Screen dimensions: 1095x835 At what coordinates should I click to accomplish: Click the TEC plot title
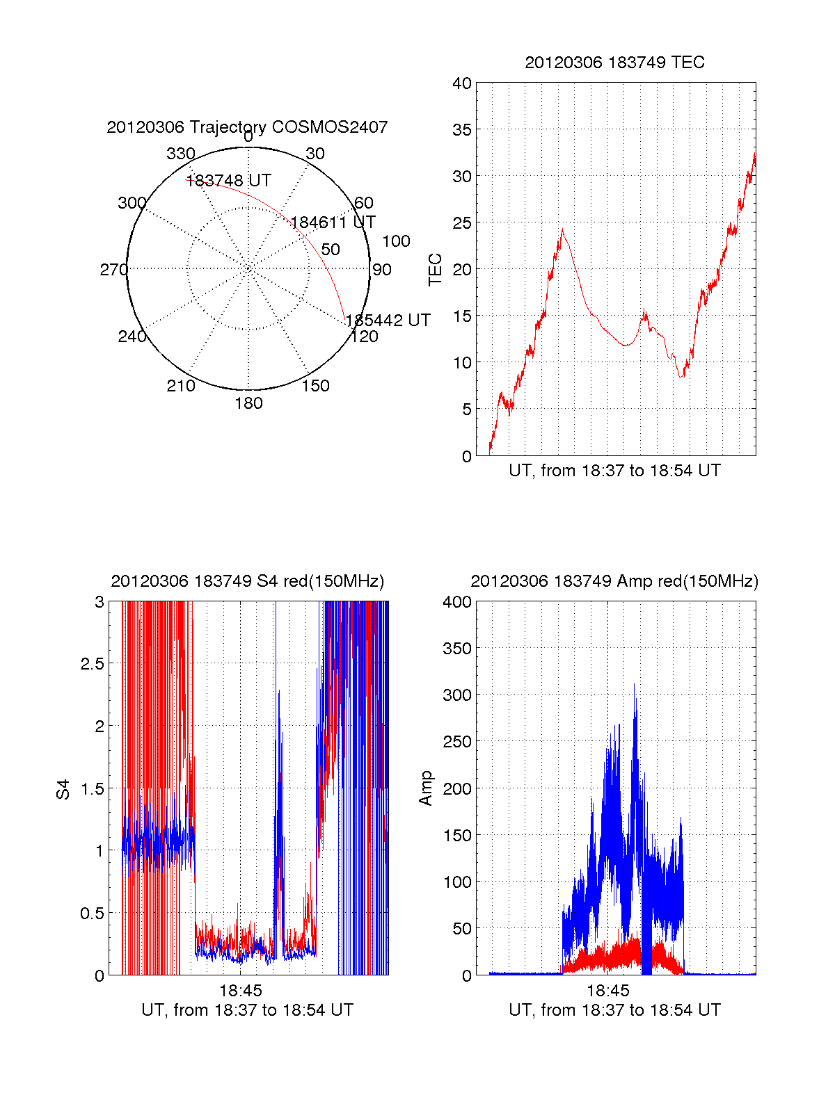pyautogui.click(x=614, y=63)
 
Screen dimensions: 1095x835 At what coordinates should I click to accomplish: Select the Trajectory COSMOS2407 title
pyautogui.click(x=247, y=127)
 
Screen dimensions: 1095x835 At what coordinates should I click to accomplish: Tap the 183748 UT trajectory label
pyautogui.click(x=228, y=181)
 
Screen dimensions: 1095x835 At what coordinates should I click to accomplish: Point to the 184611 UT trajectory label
pyautogui.click(x=333, y=222)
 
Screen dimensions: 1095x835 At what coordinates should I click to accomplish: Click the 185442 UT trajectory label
pyautogui.click(x=388, y=321)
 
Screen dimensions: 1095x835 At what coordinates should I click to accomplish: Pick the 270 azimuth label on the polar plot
pyautogui.click(x=113, y=270)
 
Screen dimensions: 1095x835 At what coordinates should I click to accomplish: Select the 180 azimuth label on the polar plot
pyautogui.click(x=248, y=403)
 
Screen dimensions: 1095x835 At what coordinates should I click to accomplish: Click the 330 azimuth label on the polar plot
pyautogui.click(x=181, y=154)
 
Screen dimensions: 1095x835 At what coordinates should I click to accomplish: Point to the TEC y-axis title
pyautogui.click(x=436, y=270)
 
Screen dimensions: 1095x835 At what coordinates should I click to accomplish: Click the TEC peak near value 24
pyautogui.click(x=562, y=230)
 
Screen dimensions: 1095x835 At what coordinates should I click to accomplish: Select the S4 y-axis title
pyautogui.click(x=63, y=789)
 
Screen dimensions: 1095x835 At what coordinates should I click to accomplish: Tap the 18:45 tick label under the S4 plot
pyautogui.click(x=241, y=990)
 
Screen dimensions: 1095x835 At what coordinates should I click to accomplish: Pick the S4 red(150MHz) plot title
pyautogui.click(x=247, y=581)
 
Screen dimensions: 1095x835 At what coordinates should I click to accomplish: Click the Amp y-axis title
pyautogui.click(x=426, y=788)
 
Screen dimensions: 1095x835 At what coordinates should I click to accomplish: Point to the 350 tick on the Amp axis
pyautogui.click(x=457, y=649)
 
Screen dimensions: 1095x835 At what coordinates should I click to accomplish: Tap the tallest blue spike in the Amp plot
pyautogui.click(x=634, y=686)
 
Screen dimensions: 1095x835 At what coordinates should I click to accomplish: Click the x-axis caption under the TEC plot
pyautogui.click(x=614, y=471)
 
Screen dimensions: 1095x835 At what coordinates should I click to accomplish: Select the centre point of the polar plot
pyautogui.click(x=248, y=269)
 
